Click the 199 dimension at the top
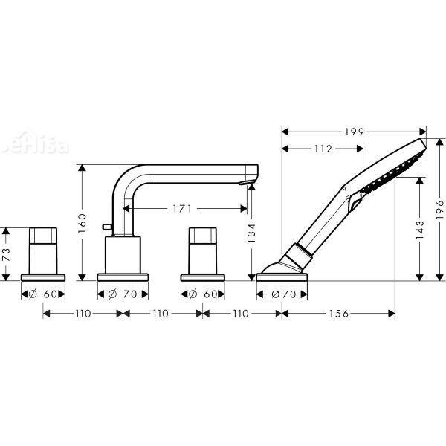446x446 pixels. [355, 132]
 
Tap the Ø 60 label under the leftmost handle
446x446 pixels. [44, 294]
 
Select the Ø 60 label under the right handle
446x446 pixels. [203, 294]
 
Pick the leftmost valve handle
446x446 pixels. [44, 249]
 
